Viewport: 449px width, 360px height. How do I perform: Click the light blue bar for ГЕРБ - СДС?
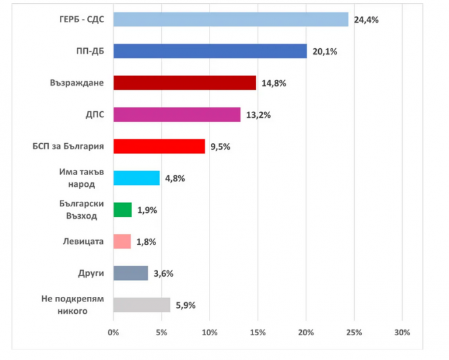coord(231,20)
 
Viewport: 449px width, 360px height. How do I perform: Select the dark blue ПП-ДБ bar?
coord(210,51)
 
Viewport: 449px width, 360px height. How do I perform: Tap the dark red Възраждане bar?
coord(185,83)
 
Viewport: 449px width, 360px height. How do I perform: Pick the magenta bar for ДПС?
coord(177,115)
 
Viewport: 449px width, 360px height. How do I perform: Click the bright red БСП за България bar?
coord(159,146)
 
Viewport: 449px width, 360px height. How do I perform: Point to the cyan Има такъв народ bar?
coord(137,178)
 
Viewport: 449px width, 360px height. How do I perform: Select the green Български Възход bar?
coord(122,210)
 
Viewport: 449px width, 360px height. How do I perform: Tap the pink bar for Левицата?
coord(122,242)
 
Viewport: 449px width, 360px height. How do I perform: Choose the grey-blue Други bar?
coord(131,273)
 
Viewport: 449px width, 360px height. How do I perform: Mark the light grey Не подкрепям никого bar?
coord(142,305)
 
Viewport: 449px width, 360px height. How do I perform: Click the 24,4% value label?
coord(366,20)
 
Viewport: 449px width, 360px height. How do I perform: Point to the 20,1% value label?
coord(325,51)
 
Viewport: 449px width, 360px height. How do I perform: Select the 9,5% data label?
coord(220,146)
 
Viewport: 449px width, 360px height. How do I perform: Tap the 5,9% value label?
coord(185,305)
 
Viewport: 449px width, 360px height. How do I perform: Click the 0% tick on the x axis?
coord(113,333)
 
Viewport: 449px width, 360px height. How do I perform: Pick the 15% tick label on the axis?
coord(258,333)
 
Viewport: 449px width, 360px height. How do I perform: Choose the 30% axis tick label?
coord(402,333)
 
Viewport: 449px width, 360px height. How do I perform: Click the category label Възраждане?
coord(77,83)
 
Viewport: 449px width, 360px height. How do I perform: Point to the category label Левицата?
coord(83,242)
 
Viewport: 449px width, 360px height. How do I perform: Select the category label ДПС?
coord(95,115)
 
